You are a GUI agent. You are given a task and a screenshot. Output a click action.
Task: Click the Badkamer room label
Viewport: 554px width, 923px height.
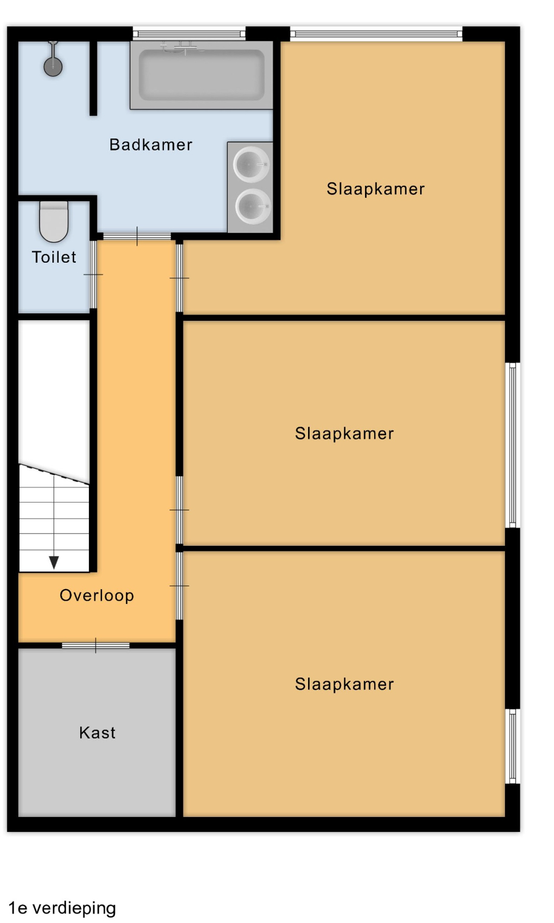point(151,145)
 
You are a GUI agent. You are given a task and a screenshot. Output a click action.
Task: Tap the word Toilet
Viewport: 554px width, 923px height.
point(54,257)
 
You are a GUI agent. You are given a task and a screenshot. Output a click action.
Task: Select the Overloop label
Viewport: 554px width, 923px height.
point(97,595)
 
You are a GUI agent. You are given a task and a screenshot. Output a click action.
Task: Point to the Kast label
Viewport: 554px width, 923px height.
point(97,733)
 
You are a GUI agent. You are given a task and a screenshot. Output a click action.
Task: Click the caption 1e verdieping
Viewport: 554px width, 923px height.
point(62,908)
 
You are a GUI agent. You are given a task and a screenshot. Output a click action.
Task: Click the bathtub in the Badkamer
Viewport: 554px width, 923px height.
point(202,75)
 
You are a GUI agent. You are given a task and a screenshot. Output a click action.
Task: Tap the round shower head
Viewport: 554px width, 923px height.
point(53,66)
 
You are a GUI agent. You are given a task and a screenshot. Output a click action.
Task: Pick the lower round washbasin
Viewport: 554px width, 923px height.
point(252,206)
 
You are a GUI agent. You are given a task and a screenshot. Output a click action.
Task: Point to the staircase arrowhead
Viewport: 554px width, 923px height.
point(54,562)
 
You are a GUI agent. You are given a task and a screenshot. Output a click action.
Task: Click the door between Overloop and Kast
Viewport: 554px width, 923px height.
point(96,646)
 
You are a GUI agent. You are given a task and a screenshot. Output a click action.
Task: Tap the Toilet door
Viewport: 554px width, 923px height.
point(93,275)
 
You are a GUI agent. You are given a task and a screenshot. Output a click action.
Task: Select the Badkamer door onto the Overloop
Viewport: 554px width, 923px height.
point(137,236)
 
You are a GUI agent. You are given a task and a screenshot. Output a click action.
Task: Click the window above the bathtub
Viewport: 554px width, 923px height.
point(189,34)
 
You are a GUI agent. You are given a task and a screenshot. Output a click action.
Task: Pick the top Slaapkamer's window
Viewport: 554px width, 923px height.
point(376,34)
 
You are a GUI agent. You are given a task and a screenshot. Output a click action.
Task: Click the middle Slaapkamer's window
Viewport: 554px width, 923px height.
point(512,445)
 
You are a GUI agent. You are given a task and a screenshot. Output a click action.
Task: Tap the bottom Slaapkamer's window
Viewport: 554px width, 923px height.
point(512,746)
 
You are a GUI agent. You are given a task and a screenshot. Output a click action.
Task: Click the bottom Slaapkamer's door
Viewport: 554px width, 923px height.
point(179,586)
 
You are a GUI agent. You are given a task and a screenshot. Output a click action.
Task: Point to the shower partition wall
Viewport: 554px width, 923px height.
point(93,78)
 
